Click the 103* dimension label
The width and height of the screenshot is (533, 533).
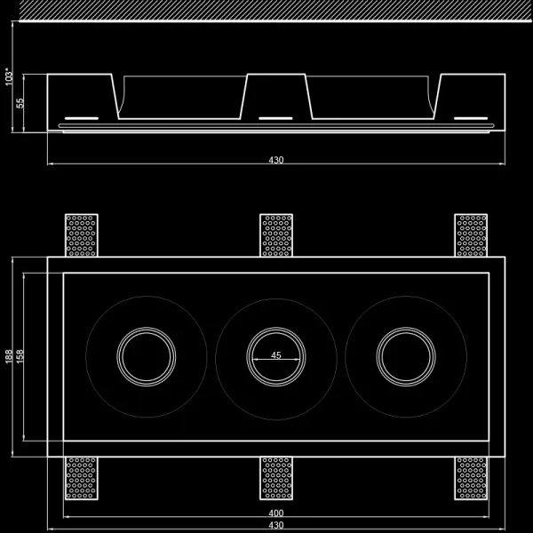9,76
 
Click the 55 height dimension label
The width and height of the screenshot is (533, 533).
20,103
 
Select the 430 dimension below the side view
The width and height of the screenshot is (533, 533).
276,160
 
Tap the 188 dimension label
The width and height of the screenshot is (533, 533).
9,356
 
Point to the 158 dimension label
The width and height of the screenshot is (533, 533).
20,356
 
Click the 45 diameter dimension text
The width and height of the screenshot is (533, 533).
276,355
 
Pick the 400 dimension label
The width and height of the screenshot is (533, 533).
276,514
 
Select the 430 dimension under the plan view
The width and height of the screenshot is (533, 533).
276,526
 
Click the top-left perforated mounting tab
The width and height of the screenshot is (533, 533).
81,235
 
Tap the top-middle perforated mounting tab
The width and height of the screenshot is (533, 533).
276,235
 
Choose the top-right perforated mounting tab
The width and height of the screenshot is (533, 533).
471,235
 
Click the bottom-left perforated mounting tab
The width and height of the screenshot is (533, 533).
81,478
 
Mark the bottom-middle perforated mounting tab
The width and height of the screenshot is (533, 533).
276,478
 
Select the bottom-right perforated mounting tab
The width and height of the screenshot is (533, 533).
471,478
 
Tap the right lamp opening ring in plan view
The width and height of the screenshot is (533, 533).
406,356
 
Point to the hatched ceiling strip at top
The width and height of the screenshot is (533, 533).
276,10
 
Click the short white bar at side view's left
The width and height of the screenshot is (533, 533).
81,117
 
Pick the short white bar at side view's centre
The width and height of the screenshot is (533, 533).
276,117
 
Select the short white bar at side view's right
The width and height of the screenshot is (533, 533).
471,117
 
